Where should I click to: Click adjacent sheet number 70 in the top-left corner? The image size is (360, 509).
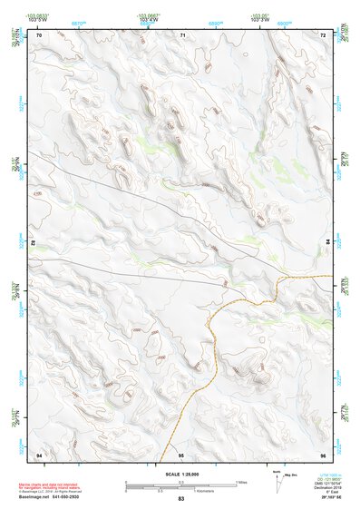(39, 34)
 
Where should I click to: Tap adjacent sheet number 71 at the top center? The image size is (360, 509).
(182, 34)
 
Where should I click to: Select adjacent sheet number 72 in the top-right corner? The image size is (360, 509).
(322, 34)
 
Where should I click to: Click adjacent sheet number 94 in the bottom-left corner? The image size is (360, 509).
(39, 454)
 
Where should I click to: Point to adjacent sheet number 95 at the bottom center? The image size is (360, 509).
(181, 454)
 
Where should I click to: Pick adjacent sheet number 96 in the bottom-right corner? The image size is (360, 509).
(322, 454)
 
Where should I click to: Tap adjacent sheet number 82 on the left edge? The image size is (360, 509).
(34, 244)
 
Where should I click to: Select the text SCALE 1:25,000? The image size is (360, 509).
(181, 474)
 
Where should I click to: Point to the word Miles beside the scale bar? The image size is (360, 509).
(240, 482)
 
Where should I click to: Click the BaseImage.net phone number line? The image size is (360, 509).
(63, 496)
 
